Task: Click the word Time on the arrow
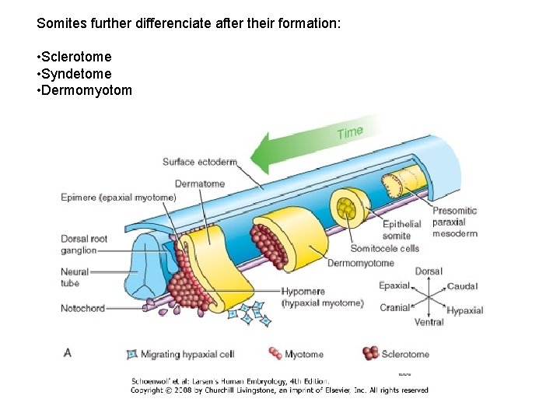(x=350, y=132)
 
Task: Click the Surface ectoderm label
(x=199, y=162)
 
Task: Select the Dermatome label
(x=200, y=184)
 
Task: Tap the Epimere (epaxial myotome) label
(x=118, y=198)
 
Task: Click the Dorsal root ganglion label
(x=84, y=244)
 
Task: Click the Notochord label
(x=82, y=309)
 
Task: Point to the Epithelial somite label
(x=401, y=229)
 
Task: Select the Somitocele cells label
(x=384, y=249)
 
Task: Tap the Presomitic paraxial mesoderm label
(x=454, y=222)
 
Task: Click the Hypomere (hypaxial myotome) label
(x=322, y=297)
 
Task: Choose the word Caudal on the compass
(x=462, y=287)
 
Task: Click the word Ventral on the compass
(x=429, y=322)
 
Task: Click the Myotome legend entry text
(x=304, y=355)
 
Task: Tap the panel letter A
(x=68, y=353)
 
